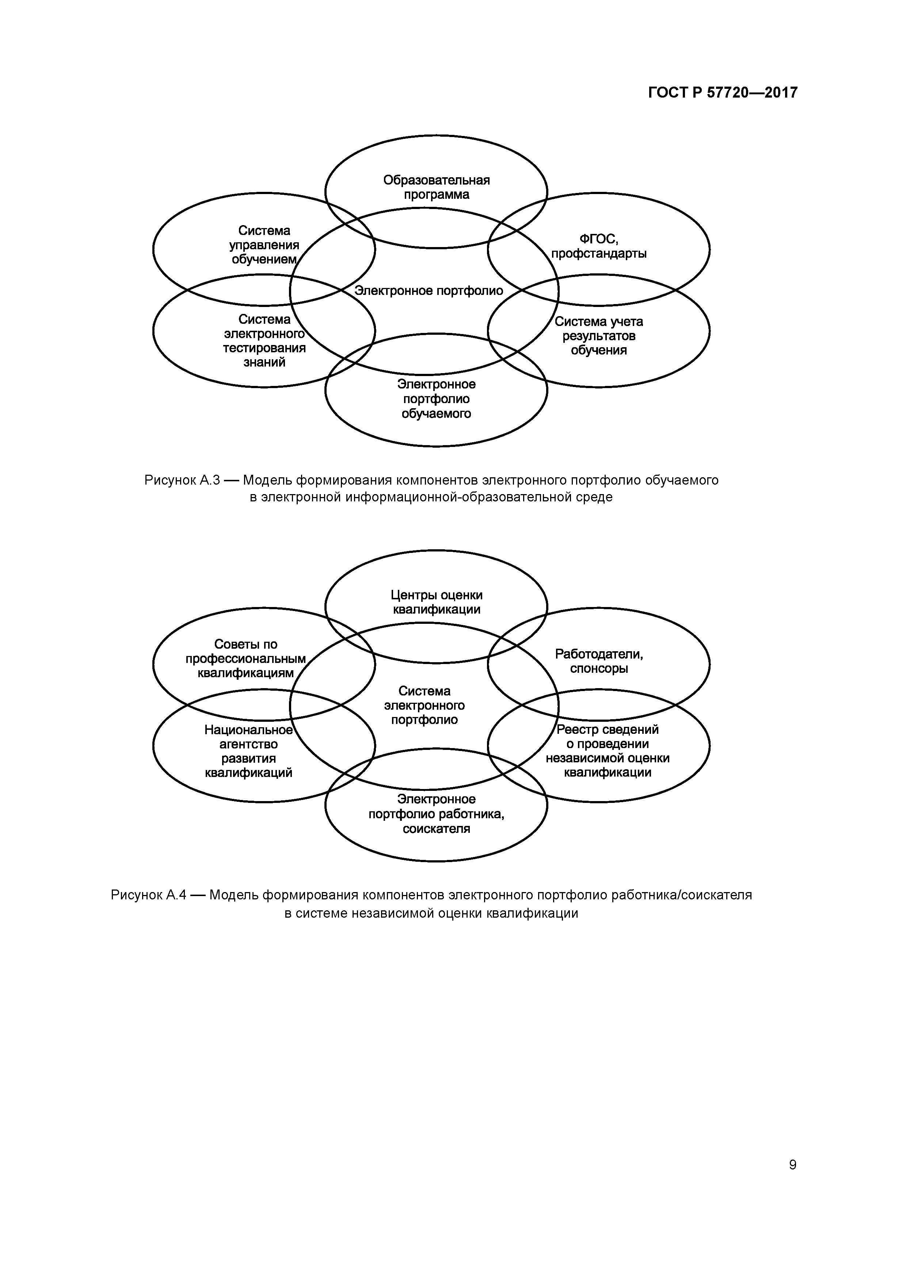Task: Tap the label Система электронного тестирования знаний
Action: click(264, 341)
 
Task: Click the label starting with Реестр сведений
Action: click(608, 751)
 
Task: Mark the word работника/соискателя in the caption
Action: click(682, 895)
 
